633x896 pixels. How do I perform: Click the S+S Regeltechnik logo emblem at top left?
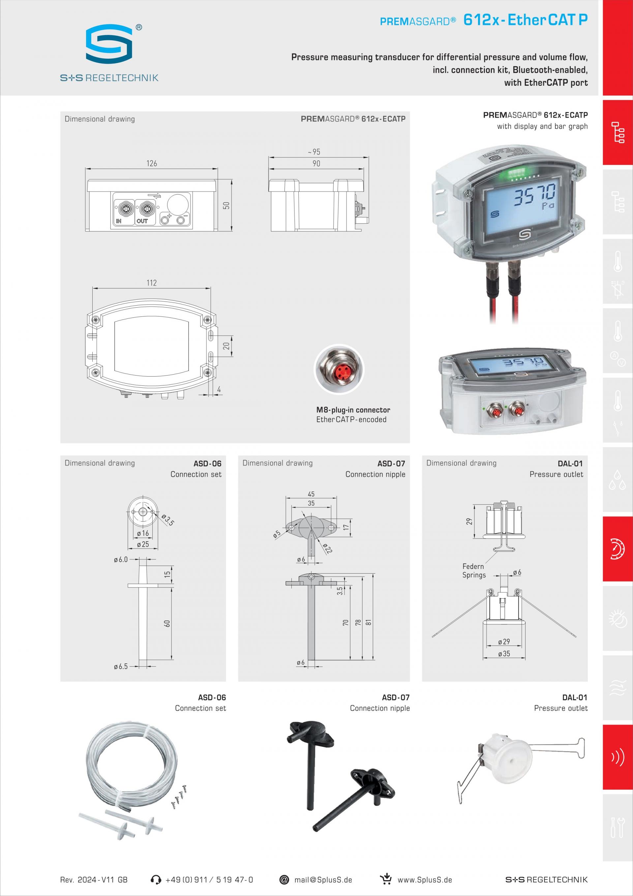(x=109, y=44)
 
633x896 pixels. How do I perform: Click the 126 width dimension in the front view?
(x=152, y=163)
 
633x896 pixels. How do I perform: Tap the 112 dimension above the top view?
(x=152, y=283)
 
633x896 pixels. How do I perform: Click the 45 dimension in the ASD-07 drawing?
(x=311, y=494)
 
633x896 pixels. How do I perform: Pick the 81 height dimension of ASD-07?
(x=368, y=622)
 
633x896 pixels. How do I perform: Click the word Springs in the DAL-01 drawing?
(x=474, y=575)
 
